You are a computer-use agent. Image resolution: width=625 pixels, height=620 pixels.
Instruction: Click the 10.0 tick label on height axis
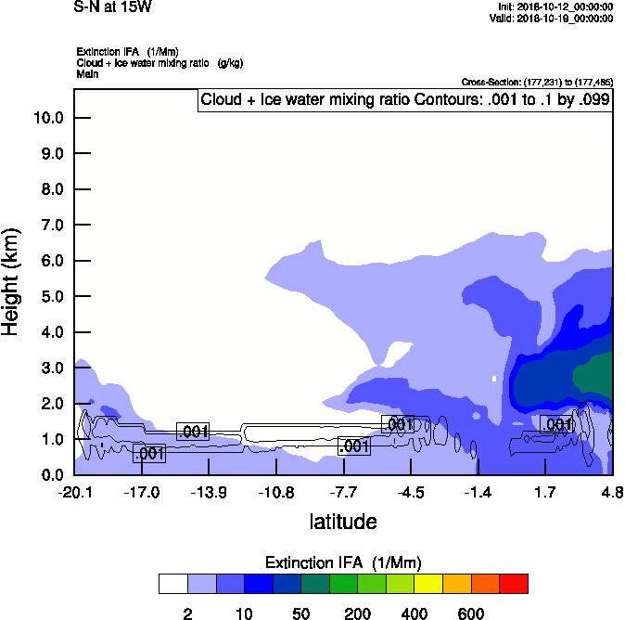47,118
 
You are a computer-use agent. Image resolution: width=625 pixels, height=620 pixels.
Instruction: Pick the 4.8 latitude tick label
611,492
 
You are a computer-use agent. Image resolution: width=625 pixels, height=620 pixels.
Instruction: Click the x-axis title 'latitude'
343,522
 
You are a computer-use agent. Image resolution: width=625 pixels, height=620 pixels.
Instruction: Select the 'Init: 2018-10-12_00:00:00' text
555,6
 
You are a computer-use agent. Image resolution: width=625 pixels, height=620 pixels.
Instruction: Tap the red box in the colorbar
514,584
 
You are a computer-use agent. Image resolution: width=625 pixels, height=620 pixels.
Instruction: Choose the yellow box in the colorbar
428,584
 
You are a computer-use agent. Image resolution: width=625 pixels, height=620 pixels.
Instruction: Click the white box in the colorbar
173,584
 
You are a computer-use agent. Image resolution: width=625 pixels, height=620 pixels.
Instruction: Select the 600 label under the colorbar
471,614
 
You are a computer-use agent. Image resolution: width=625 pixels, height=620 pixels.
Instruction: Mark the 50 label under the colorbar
300,614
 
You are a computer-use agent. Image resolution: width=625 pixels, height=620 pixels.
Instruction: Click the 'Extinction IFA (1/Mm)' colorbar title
343,563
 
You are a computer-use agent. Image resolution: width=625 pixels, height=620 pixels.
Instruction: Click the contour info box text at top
404,100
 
